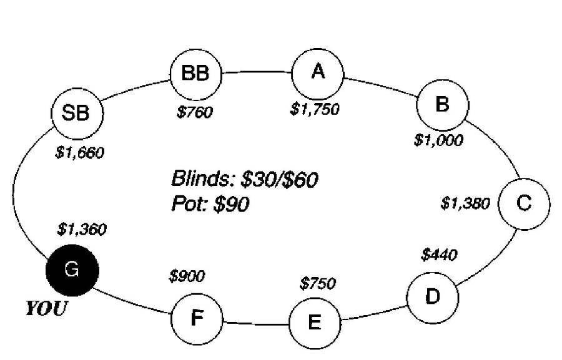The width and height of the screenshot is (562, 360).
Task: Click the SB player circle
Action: [x=77, y=114]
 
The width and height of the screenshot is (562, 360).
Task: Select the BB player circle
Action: [x=197, y=74]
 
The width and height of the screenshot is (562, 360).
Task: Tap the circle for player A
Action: [x=318, y=73]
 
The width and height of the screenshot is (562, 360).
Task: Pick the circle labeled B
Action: [x=442, y=104]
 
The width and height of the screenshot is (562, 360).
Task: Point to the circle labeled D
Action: [x=432, y=296]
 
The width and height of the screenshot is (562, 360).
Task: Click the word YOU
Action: [x=45, y=309]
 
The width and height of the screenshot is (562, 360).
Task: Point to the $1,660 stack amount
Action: [x=79, y=153]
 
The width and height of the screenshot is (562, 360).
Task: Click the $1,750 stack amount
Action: [x=315, y=109]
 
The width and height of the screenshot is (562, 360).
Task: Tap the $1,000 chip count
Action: [x=438, y=140]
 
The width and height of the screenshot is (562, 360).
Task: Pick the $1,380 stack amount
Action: [x=465, y=203]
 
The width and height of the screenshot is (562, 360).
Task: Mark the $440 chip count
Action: [x=439, y=255]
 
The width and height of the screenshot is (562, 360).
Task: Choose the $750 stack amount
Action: [x=318, y=284]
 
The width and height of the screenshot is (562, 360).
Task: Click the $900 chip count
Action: [x=187, y=276]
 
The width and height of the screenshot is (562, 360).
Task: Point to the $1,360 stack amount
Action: [x=81, y=230]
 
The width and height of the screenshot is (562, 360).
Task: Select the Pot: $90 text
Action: [x=210, y=204]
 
